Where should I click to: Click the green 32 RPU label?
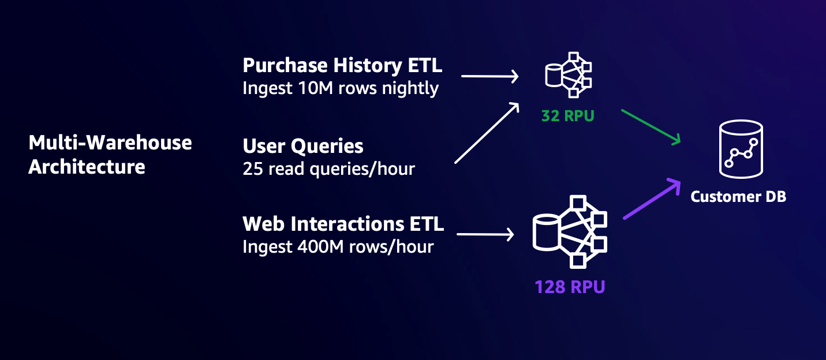(567, 116)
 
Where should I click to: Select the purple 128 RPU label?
(570, 286)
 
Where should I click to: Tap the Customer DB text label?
(738, 197)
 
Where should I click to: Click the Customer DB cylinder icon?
(741, 149)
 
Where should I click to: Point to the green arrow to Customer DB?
(651, 126)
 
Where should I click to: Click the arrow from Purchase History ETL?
(489, 76)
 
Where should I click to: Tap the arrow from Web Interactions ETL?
(485, 234)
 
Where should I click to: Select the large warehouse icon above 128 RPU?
(569, 232)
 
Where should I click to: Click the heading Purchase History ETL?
(342, 66)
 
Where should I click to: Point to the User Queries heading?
(303, 146)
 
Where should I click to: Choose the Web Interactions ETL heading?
(343, 224)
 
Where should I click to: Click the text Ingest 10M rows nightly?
(341, 88)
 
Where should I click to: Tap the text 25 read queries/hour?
(328, 168)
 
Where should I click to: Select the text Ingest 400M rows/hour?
(338, 247)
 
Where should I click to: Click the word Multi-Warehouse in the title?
(110, 142)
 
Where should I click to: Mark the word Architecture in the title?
(87, 167)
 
